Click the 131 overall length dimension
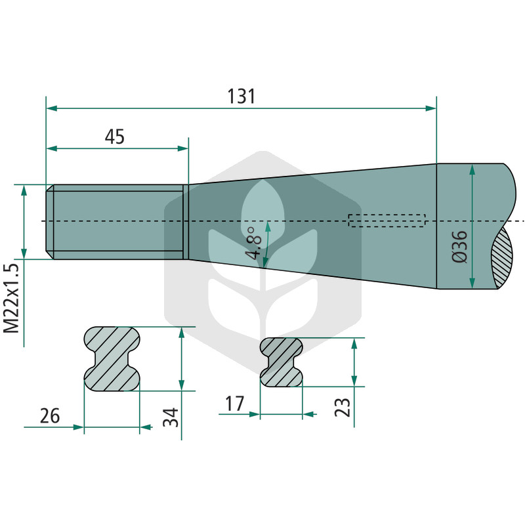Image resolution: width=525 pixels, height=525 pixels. tap(241, 96)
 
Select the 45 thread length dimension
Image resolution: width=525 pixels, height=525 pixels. tap(114, 136)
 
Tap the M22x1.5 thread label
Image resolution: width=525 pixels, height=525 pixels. tap(11, 299)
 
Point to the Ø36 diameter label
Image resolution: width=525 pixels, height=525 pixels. tap(459, 247)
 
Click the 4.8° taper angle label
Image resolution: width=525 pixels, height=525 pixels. tap(253, 243)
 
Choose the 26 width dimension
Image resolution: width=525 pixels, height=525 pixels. tap(50, 416)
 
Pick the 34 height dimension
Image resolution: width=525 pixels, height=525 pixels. tap(171, 417)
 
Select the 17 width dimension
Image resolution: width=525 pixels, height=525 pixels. tap(235, 404)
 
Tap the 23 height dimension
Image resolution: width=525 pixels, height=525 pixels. tap(343, 407)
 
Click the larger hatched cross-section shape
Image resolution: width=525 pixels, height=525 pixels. tap(112, 358)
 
